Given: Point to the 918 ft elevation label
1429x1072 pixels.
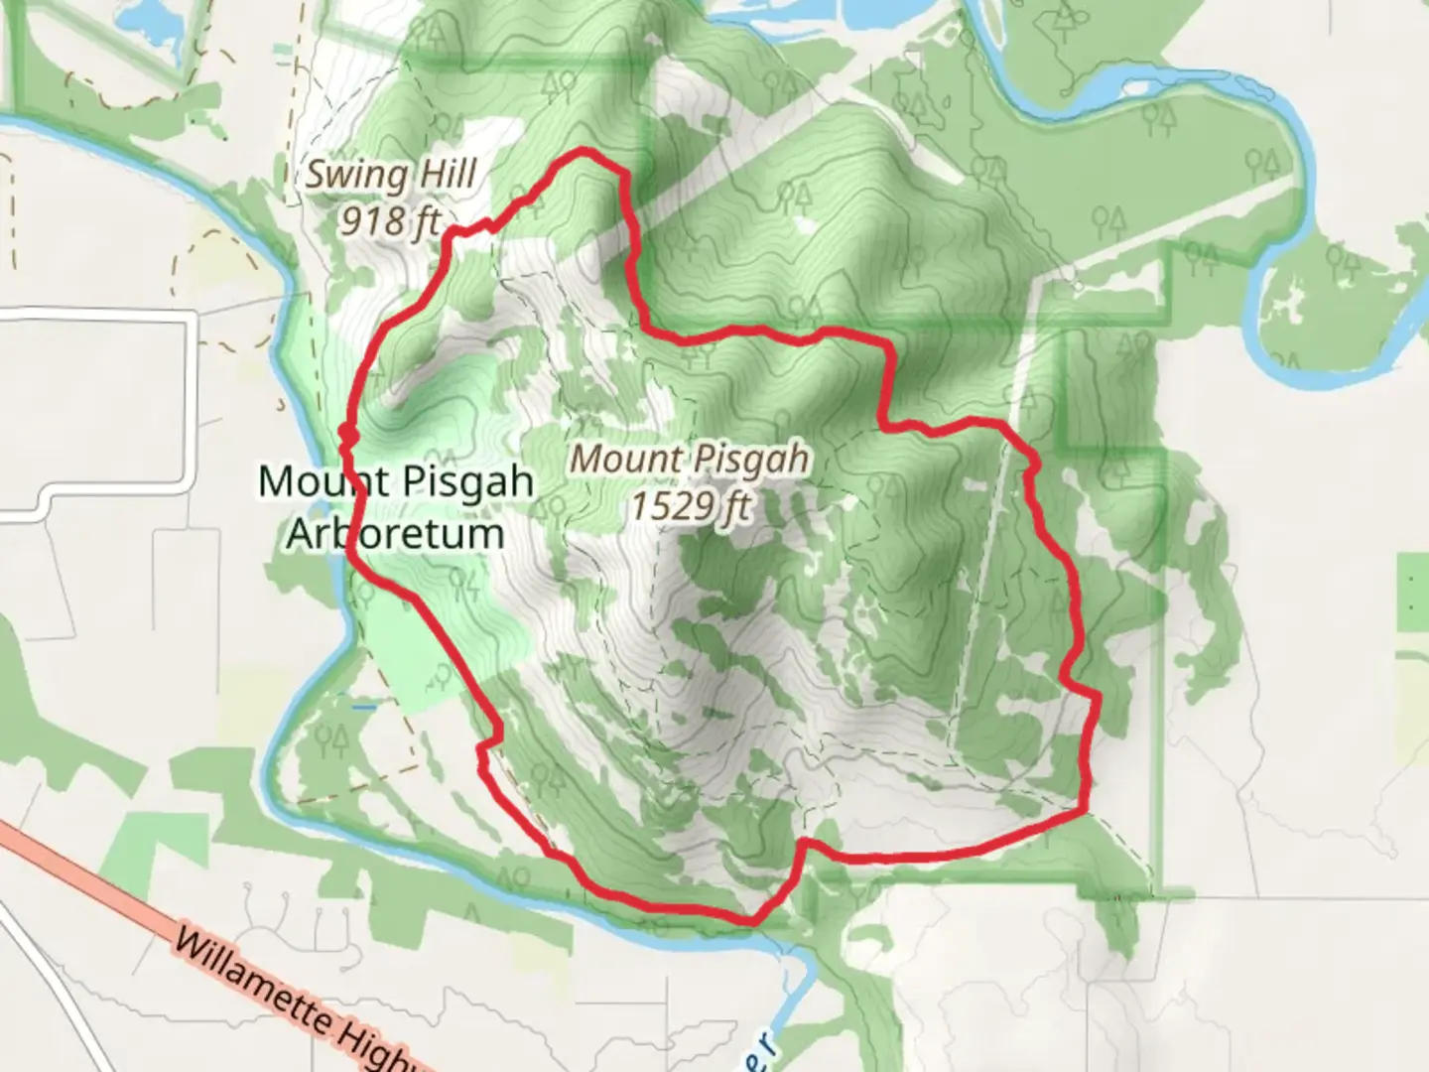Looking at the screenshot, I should (x=390, y=220).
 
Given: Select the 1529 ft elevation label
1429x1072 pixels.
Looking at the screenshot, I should (x=692, y=506).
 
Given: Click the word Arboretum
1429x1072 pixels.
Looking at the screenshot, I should (x=396, y=534).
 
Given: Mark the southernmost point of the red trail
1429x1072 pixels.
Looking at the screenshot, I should (x=752, y=921).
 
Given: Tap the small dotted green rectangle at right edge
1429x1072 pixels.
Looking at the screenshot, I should (x=1412, y=593).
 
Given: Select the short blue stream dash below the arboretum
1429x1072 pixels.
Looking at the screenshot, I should (x=363, y=707).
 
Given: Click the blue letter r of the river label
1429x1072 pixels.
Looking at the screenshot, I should (x=766, y=1045).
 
